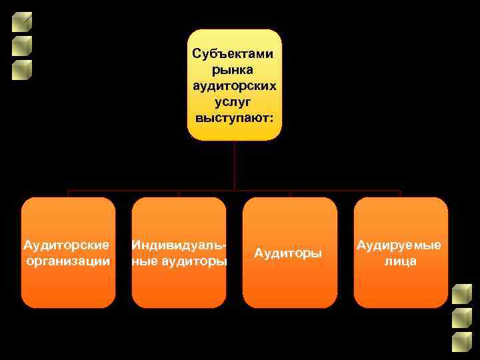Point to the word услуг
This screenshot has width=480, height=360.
coord(234,102)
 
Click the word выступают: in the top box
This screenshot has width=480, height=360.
coord(234,119)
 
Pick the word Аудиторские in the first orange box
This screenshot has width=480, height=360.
coord(68,245)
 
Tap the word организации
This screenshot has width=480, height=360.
coord(68,261)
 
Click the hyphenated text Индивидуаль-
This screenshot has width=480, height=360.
coord(178,245)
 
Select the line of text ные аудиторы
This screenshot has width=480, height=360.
coord(179,261)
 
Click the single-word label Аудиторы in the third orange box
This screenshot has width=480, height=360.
coord(289,253)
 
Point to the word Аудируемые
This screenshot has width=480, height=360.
coord(400,245)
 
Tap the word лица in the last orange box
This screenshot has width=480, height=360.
coord(400,261)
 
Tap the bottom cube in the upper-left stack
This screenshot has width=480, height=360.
coord(22,70)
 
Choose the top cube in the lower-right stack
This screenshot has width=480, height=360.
coord(461,295)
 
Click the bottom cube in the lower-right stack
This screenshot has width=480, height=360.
coord(461,342)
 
